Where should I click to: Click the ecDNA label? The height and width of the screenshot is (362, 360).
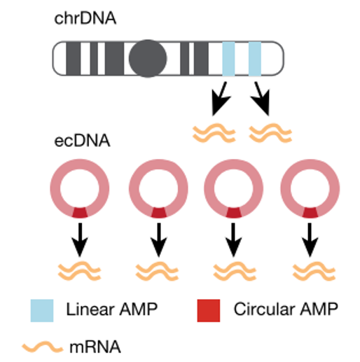point(83,142)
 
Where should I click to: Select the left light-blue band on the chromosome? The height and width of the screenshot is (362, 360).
point(228,58)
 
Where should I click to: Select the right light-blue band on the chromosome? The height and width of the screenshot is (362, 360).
point(255,58)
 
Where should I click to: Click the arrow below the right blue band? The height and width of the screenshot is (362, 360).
point(262,99)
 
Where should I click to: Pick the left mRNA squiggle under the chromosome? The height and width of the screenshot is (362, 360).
point(214,130)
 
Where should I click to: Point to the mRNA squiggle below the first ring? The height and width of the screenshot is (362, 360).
point(79,270)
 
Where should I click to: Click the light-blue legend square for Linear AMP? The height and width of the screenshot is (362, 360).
point(41,309)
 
